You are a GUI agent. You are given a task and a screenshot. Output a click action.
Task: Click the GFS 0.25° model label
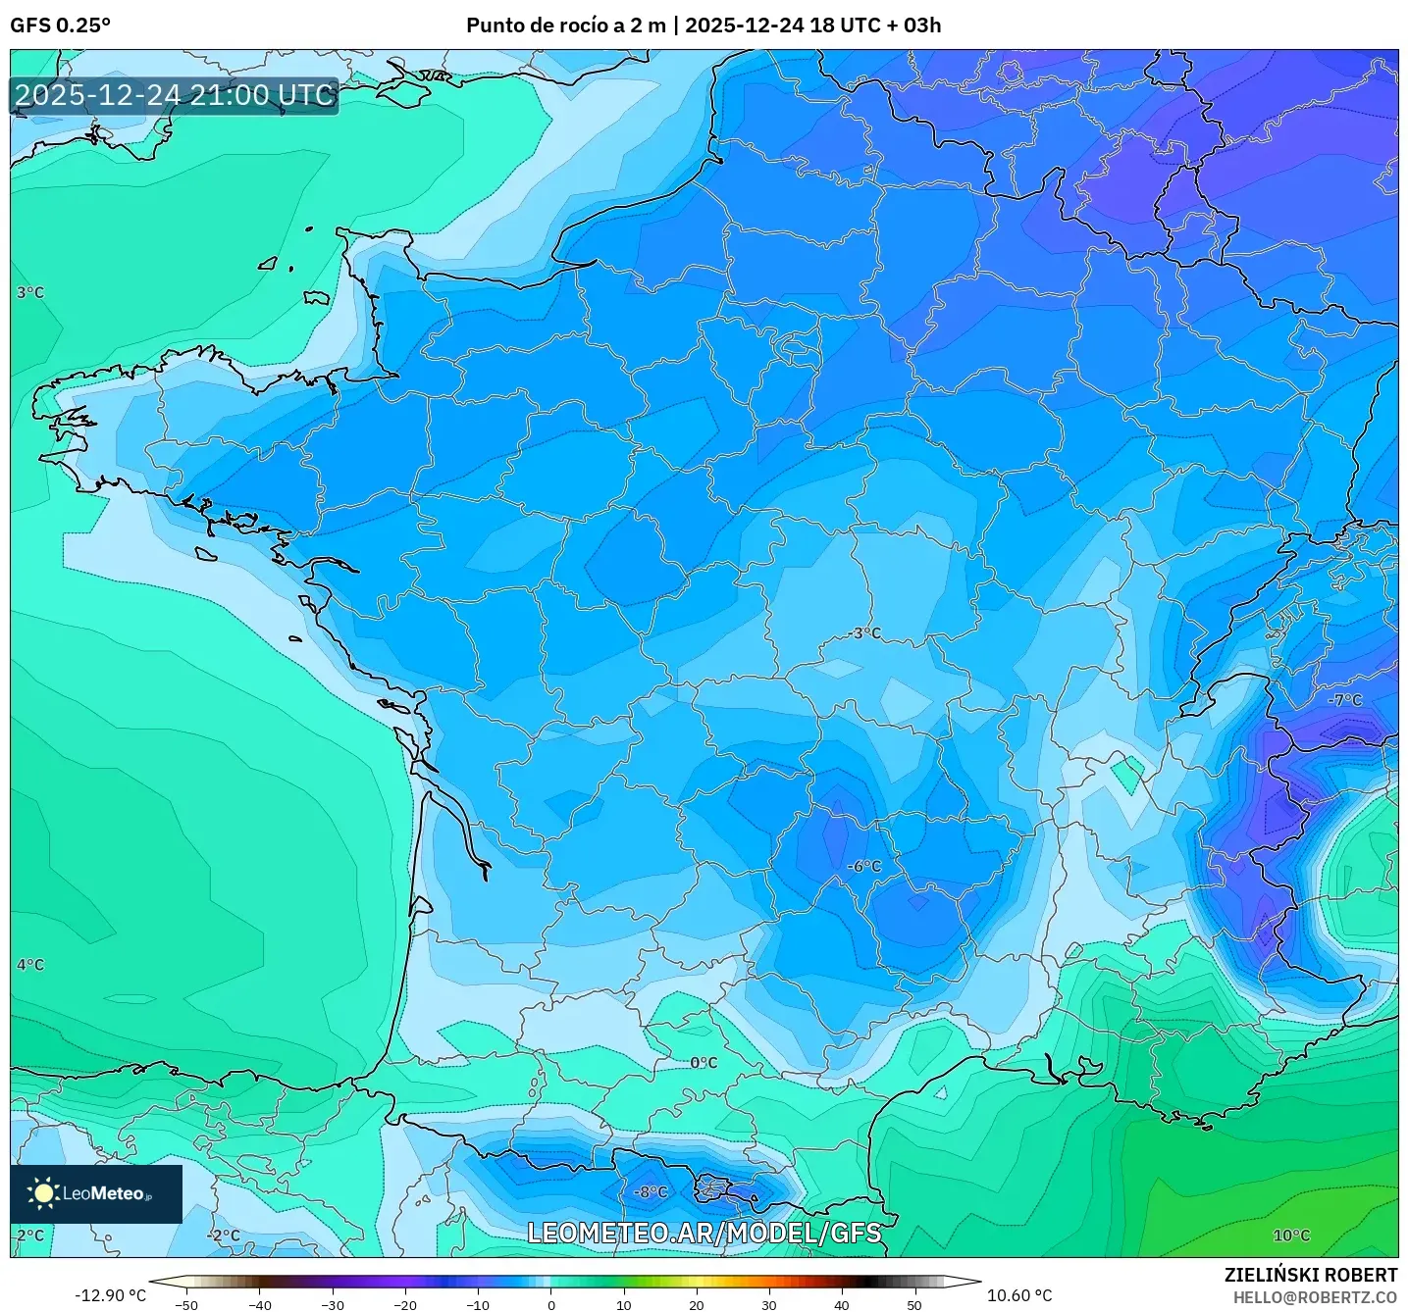(60, 25)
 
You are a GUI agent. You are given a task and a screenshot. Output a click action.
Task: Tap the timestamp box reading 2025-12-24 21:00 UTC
(175, 95)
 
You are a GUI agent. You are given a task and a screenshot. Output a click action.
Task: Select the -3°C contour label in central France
(865, 633)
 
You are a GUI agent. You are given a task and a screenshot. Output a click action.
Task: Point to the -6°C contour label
(864, 867)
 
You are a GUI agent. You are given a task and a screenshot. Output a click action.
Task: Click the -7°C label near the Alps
(1345, 700)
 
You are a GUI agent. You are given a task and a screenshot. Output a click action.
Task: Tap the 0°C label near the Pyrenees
(704, 1063)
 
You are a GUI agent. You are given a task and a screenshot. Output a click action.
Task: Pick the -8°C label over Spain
(650, 1192)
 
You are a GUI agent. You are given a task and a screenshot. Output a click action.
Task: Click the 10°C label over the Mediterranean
(1291, 1236)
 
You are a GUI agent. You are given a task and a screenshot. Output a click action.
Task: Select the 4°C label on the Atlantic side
(30, 965)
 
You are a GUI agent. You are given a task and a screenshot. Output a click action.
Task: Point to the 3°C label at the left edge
(30, 292)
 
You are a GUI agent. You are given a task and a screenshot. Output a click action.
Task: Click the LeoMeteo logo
(96, 1193)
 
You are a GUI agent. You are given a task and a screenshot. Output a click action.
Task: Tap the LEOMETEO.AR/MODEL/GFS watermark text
(704, 1233)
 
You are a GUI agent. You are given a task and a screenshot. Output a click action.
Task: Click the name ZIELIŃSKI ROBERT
(1310, 1275)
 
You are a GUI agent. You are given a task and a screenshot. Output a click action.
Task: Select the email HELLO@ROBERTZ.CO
(1315, 1297)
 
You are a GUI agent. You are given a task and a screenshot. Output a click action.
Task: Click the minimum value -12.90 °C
(110, 1295)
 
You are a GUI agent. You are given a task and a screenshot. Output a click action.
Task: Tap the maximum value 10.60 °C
(1018, 1295)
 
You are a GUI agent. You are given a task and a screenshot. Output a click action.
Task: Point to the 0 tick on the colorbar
(551, 1304)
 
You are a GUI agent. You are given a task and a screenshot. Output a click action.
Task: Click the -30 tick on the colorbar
(333, 1304)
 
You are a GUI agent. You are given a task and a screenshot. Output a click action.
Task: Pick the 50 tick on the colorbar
(914, 1304)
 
